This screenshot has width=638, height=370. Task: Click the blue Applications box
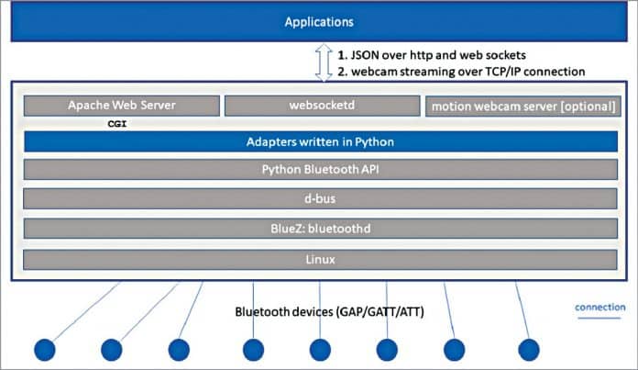point(318,22)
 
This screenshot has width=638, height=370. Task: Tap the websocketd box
point(318,106)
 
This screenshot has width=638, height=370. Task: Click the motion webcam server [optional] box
point(521,107)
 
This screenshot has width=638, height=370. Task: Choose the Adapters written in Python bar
point(318,142)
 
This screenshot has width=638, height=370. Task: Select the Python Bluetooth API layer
point(318,170)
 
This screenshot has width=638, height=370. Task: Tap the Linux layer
point(318,260)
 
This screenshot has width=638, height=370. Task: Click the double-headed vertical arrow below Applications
point(320,62)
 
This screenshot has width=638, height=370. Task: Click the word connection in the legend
point(599,307)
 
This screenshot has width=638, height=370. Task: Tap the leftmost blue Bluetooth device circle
point(45,349)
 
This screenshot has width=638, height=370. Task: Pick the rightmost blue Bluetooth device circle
point(528,349)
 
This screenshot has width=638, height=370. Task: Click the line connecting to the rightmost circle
point(521,308)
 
